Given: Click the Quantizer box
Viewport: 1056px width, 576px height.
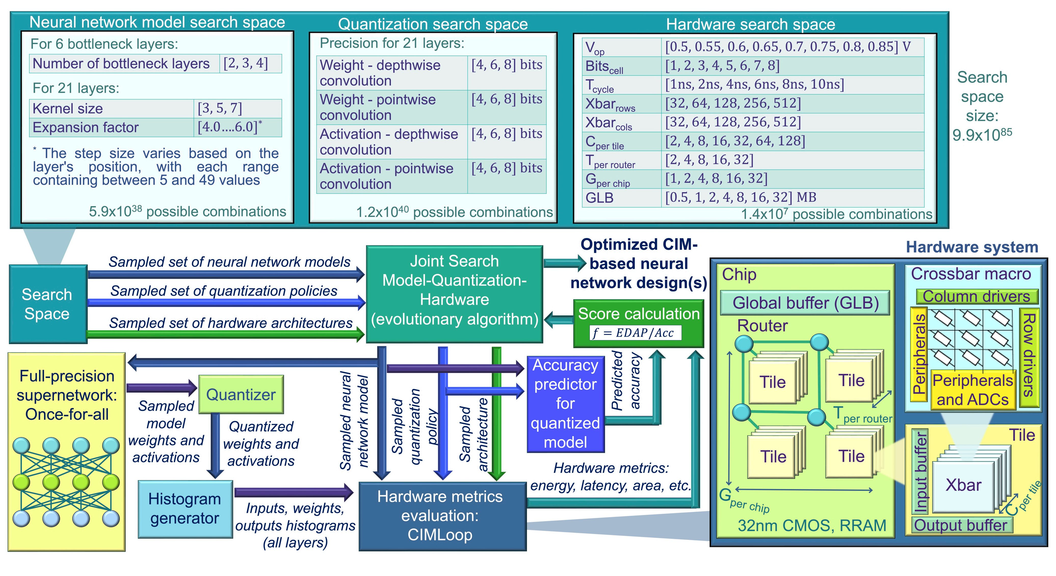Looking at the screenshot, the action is click(x=241, y=394).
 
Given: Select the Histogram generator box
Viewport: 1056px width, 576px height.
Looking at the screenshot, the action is click(x=185, y=509).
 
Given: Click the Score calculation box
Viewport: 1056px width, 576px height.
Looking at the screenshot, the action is click(x=639, y=323).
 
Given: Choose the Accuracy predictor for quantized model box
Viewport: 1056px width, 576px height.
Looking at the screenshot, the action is click(x=566, y=404).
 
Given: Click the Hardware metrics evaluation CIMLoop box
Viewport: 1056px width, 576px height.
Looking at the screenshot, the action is click(x=442, y=516).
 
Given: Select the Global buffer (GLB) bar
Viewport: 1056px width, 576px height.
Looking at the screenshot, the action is click(x=805, y=303).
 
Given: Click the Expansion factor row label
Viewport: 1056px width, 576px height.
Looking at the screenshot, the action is click(x=86, y=127).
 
